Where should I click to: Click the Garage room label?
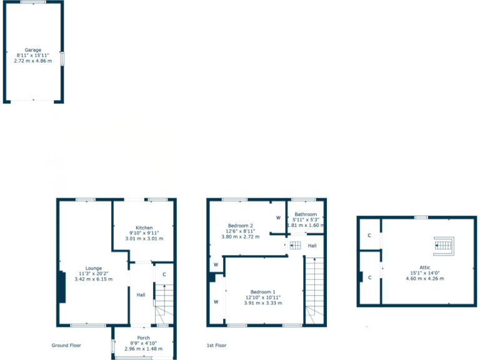[32, 49]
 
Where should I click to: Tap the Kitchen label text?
[144, 227]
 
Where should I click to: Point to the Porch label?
[143, 337]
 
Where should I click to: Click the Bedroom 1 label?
[262, 292]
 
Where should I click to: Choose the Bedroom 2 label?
[240, 225]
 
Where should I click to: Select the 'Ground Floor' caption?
[66, 345]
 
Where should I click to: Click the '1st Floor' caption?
[216, 345]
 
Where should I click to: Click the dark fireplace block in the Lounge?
[61, 287]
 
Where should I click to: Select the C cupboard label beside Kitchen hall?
[164, 274]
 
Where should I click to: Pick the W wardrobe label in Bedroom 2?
[278, 217]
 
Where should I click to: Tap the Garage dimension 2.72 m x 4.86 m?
[32, 61]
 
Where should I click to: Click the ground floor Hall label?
[141, 295]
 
